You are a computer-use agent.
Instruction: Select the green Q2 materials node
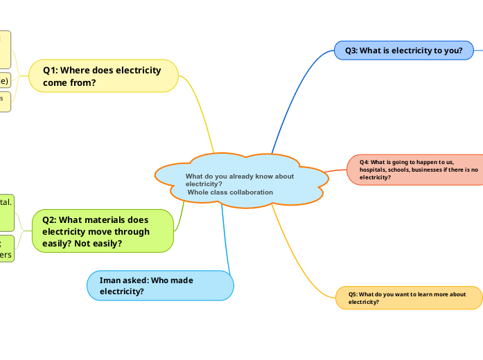pyautogui.click(x=103, y=231)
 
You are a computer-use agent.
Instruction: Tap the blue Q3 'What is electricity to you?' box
pyautogui.click(x=399, y=51)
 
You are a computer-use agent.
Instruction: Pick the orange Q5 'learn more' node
pyautogui.click(x=409, y=298)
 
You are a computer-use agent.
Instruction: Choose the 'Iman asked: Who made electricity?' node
pyautogui.click(x=159, y=285)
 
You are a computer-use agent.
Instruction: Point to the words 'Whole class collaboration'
pyautogui.click(x=230, y=192)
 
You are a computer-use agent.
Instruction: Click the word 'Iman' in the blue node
pyautogui.click(x=111, y=280)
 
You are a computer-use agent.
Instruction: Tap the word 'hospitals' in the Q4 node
pyautogui.click(x=376, y=170)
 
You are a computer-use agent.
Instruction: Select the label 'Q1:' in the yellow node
pyautogui.click(x=53, y=70)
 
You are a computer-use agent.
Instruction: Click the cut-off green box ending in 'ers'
pyautogui.click(x=6, y=248)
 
